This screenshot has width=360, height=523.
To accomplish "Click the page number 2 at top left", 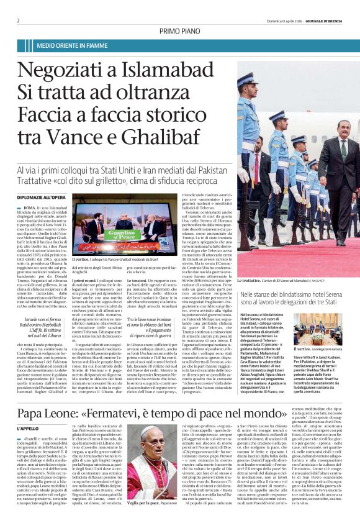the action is coord(19,20).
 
